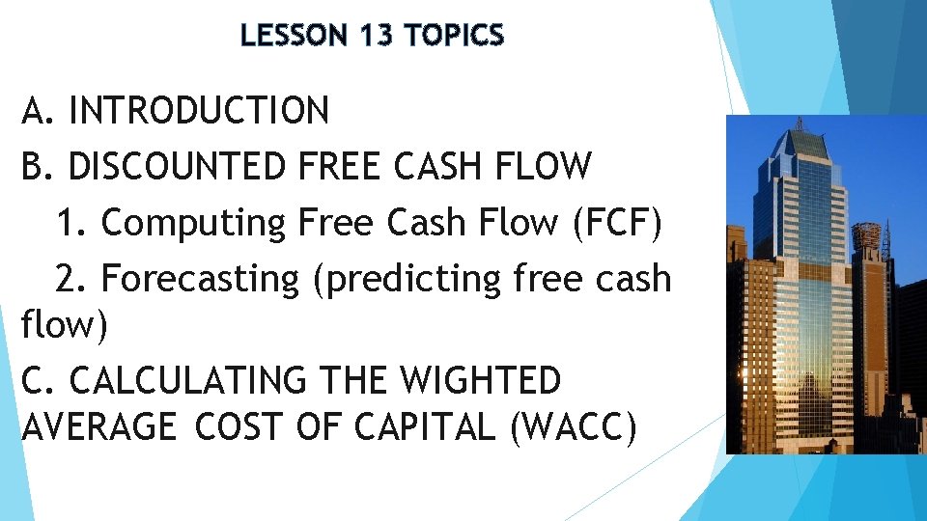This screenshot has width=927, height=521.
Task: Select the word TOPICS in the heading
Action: point(455,37)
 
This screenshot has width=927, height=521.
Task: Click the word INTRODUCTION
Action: point(199,111)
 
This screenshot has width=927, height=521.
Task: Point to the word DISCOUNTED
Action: point(177,167)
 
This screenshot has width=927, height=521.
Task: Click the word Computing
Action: point(193,223)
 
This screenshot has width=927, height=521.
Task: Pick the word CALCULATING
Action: point(189,381)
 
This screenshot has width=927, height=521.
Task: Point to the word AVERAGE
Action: point(99,425)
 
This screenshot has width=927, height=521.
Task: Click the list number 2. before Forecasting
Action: point(70,279)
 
